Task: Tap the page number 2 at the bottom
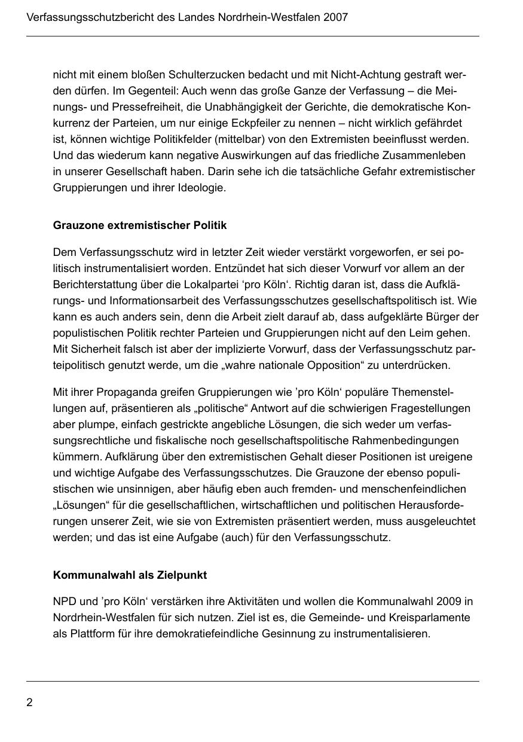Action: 29,702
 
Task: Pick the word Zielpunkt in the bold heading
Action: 182,575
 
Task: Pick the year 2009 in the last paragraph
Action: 449,601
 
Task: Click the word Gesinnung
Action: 286,633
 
